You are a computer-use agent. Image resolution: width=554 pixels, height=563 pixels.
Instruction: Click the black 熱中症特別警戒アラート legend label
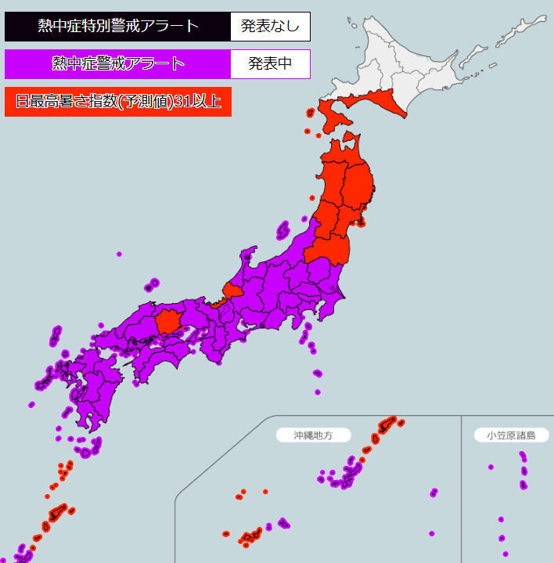118,26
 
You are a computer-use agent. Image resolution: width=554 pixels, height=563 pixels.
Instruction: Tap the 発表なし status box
270,26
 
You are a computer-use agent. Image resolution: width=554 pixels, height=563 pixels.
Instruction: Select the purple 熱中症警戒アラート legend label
118,63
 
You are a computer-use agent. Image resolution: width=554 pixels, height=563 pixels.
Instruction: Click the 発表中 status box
270,63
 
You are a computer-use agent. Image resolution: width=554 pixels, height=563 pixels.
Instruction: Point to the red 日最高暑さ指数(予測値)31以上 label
118,101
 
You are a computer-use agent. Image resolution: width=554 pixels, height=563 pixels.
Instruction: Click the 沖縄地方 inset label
313,435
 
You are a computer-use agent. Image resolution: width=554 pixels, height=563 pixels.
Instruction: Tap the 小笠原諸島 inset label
511,435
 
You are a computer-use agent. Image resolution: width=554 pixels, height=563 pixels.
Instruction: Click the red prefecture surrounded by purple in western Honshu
168,321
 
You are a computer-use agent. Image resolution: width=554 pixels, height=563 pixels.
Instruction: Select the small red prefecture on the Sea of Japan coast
232,290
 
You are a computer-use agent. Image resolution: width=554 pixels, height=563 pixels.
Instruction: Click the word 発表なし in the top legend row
270,26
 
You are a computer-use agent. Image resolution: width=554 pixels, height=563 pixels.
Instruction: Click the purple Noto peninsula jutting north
249,255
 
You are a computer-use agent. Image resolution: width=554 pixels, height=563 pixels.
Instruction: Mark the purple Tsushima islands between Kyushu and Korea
55,337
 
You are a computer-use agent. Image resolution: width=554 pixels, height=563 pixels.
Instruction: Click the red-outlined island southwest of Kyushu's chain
56,513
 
